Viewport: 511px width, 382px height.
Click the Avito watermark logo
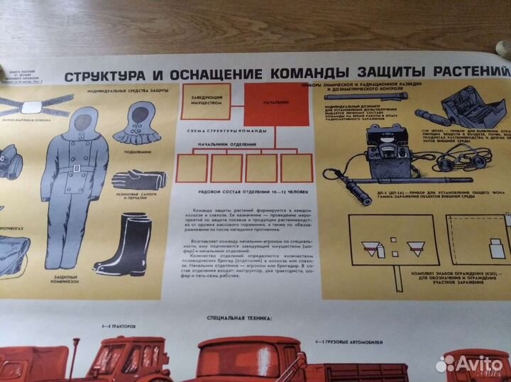pyautogui.click(x=468, y=363)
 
